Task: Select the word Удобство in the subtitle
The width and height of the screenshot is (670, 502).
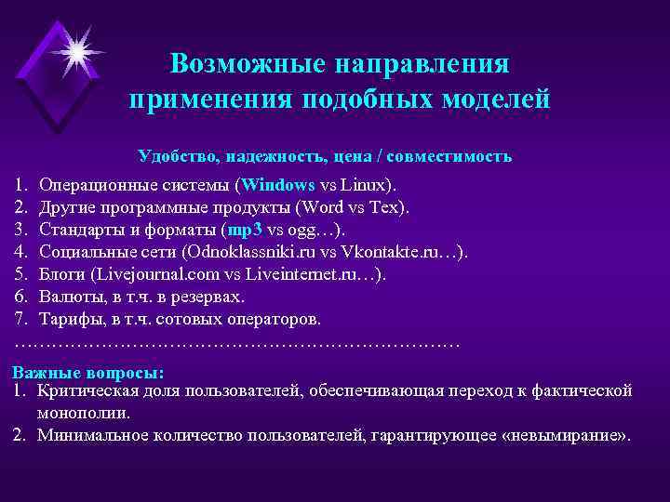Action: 176,155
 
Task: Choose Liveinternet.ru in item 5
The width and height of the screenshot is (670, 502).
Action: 315,274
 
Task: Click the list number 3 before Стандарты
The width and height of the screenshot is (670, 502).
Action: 20,229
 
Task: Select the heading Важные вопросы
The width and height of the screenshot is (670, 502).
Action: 87,372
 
